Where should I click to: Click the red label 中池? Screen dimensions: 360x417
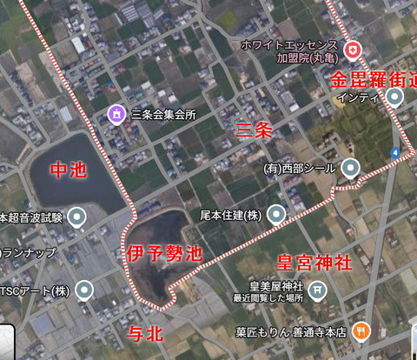(x=68, y=170)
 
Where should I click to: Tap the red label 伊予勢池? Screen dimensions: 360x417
(x=164, y=254)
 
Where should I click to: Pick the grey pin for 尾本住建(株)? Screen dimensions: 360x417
(x=276, y=213)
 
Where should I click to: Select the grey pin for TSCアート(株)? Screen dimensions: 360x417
(x=83, y=290)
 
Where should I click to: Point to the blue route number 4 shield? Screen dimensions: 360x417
(x=395, y=153)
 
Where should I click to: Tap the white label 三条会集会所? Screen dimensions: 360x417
(x=163, y=114)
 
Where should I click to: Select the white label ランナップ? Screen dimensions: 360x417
(x=29, y=252)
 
